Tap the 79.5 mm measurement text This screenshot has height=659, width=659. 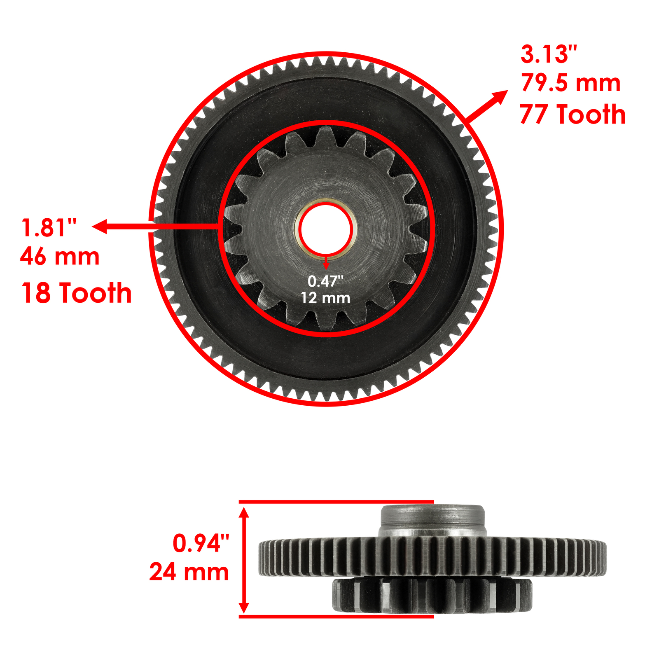point(570,83)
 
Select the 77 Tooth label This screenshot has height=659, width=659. point(573,114)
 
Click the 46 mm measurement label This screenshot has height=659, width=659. point(60,257)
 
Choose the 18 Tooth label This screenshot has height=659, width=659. point(76,293)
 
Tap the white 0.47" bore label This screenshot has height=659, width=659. point(325,281)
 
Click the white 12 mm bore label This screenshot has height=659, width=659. point(325,298)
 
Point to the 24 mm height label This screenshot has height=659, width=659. point(189,572)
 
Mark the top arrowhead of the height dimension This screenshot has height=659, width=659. point(244,513)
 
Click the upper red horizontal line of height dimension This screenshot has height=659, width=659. point(336,502)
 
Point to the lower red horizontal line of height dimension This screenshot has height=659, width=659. point(336,617)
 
